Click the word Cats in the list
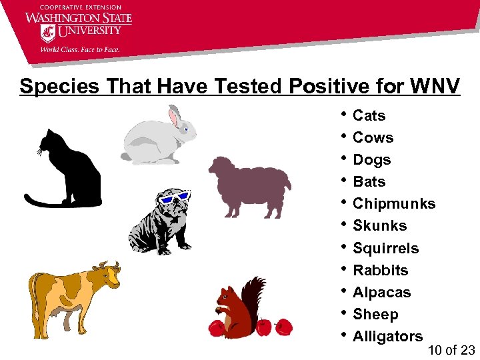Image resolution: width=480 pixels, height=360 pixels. click(x=369, y=116)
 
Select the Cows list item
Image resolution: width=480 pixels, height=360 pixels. click(x=373, y=138)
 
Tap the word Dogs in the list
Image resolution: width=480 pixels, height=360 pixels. click(x=371, y=160)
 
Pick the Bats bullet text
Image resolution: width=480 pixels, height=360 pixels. click(x=369, y=182)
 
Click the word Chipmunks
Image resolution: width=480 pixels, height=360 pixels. click(x=393, y=204)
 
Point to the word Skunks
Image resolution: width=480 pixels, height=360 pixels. click(x=379, y=226)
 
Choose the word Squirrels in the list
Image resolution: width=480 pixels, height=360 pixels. click(x=385, y=249)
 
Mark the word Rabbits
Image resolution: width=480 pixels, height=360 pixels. click(x=380, y=271)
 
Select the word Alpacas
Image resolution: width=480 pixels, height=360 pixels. click(x=381, y=293)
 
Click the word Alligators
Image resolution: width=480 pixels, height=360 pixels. click(x=387, y=337)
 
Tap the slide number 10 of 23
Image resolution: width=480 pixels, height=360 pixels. click(x=451, y=350)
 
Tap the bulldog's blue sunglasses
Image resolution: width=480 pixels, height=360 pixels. click(x=173, y=197)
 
